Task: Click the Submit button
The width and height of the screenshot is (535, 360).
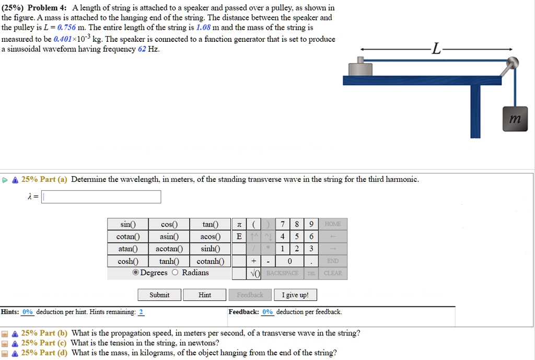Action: click(159, 295)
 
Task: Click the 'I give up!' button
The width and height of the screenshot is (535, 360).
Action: click(295, 295)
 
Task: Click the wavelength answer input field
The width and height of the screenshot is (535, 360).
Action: click(101, 197)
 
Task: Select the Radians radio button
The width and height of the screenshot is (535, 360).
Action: click(175, 273)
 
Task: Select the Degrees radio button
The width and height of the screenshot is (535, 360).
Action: click(136, 273)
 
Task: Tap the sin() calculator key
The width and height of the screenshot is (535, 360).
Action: click(127, 225)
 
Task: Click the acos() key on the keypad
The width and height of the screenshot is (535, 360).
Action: click(210, 237)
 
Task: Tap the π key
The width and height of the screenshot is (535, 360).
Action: click(239, 225)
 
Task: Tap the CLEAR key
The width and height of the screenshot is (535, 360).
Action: click(333, 273)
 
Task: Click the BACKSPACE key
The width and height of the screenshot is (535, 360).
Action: click(282, 273)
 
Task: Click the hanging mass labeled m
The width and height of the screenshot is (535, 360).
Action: click(515, 119)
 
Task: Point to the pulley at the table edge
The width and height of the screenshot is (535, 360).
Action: click(512, 63)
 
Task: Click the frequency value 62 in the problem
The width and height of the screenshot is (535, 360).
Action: click(142, 49)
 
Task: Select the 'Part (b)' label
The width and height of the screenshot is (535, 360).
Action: click(45, 333)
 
